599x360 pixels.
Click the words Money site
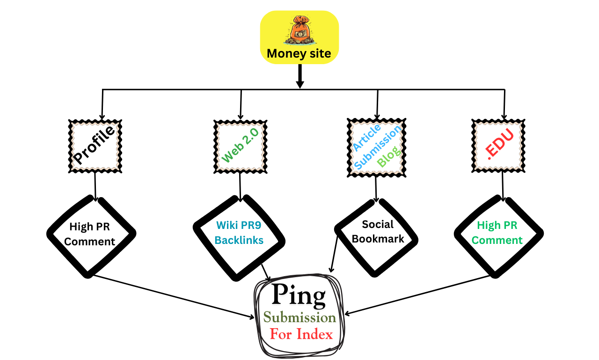299,54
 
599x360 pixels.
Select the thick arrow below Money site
299,75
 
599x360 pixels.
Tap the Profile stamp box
95,146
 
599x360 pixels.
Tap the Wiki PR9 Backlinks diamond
239,233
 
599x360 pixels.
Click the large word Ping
299,295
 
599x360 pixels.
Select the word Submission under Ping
299,318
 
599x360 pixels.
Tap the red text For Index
301,334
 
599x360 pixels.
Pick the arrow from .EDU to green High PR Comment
503,185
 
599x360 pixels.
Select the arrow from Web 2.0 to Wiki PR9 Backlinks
240,185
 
